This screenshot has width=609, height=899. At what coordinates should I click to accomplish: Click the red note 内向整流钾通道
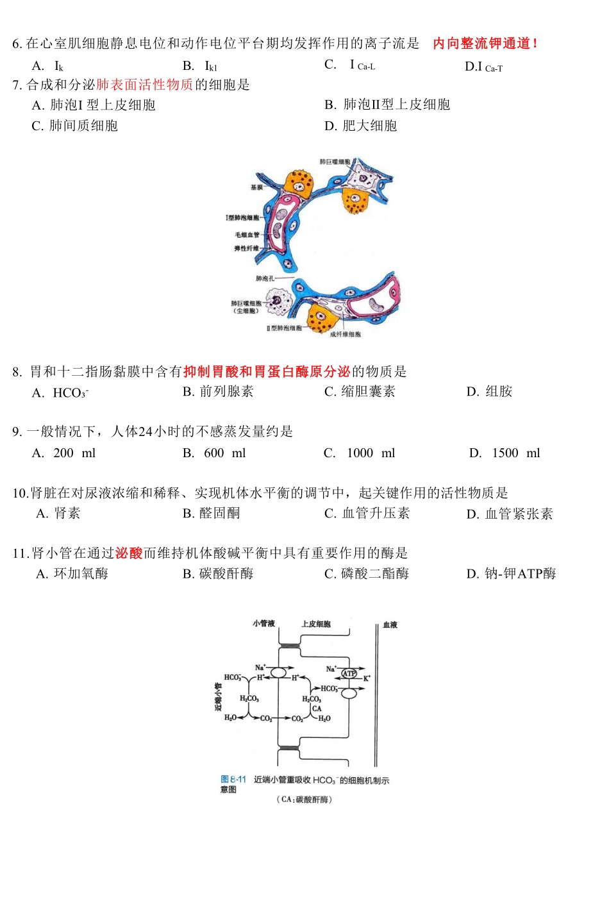coord(485,44)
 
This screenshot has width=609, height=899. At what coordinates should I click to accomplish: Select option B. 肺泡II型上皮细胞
coord(387,105)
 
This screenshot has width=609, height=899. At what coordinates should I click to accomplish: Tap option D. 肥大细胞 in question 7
coord(361,126)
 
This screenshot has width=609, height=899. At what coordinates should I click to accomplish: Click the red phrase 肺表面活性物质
coord(145,85)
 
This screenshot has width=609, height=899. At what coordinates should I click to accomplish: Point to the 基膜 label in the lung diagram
coord(256,187)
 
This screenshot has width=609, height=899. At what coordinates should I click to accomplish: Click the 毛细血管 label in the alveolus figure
coord(247,235)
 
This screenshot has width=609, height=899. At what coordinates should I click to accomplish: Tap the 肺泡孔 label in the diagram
coord(265,278)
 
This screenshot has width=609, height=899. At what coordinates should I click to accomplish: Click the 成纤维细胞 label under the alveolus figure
coord(345,334)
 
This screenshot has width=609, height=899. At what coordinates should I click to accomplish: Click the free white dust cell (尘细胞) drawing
coord(278,299)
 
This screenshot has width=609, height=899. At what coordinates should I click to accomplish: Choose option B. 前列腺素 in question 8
coord(218,391)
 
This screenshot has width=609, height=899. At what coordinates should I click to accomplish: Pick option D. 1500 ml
coord(505,453)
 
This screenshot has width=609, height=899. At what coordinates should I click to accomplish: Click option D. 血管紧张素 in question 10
coord(510,514)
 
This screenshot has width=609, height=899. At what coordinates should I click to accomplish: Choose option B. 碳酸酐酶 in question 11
coord(218,574)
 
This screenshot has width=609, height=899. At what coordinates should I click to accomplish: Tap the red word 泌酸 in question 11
coord(129,553)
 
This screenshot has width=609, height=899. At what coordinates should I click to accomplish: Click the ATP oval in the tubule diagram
coord(349,673)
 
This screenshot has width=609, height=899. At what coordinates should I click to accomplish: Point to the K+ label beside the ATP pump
coord(367,678)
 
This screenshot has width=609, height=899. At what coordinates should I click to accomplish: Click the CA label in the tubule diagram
coord(317,709)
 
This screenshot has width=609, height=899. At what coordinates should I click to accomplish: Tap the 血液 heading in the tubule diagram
coord(390,625)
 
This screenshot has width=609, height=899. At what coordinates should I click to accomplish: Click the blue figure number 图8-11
coord(233,779)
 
